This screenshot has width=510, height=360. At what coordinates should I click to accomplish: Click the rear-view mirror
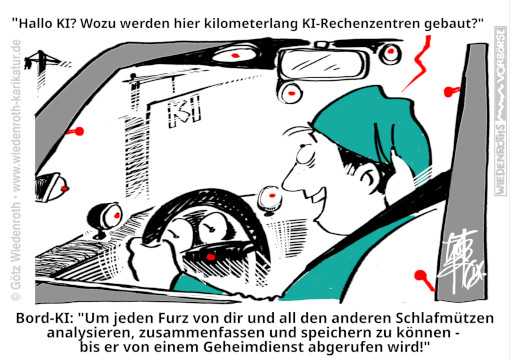323,63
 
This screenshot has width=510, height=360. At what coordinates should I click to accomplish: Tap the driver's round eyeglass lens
304,155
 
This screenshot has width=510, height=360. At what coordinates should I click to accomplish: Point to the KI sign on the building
184,111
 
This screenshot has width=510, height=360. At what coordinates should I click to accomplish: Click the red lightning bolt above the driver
417,63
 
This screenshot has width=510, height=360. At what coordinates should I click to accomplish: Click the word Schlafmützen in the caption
445,318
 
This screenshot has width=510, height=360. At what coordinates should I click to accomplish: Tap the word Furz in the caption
173,318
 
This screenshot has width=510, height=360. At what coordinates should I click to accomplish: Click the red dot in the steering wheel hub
210,257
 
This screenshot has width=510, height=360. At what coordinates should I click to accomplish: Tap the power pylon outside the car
43,67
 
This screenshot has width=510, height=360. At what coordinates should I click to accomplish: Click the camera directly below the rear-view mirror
290,93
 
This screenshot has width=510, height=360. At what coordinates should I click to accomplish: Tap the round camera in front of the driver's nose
270,199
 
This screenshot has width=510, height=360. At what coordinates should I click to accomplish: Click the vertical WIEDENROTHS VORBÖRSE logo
501,111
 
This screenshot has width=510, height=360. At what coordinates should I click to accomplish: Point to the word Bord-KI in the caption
44,318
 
